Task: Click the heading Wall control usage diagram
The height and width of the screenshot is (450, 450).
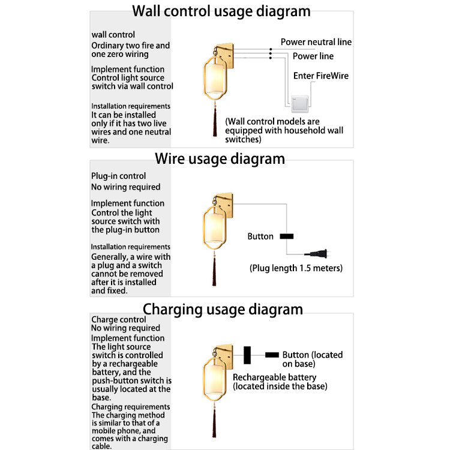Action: pos(221,11)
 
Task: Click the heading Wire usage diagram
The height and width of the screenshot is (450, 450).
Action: pos(220,159)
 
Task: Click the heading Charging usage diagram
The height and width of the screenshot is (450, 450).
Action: pos(223,310)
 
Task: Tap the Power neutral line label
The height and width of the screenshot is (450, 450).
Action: pos(316,42)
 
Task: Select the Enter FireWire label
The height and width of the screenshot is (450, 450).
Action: pos(320,76)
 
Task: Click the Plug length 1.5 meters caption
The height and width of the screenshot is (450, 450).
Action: pos(296,268)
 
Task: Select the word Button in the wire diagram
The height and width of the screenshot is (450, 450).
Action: pos(260,236)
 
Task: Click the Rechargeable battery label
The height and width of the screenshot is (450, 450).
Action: pos(275,377)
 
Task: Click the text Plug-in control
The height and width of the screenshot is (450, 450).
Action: pos(118,176)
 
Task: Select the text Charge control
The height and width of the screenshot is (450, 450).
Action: pos(118,320)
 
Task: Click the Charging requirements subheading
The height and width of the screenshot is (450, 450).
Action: pos(130,407)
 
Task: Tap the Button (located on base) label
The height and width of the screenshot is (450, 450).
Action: pos(312,359)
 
